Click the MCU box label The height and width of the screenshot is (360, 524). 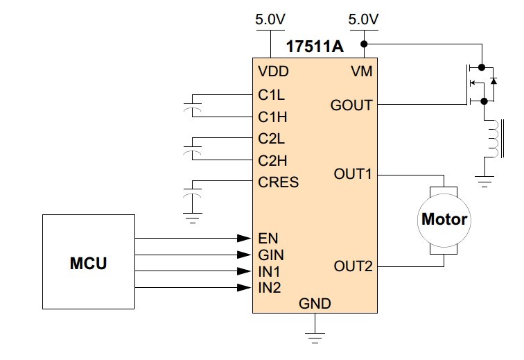[x=88, y=263]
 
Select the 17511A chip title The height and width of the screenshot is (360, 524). [x=315, y=46]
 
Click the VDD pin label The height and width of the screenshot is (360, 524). [x=273, y=71]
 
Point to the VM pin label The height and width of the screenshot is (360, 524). [x=362, y=71]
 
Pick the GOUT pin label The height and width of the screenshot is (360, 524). [x=351, y=105]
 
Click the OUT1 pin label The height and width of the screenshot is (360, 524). [x=353, y=174]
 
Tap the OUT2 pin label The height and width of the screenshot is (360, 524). [x=353, y=266]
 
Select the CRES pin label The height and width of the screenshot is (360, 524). [x=279, y=182]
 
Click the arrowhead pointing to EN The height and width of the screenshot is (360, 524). [x=244, y=238]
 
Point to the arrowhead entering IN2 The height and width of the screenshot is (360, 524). [x=244, y=287]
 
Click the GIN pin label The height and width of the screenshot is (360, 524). [x=271, y=255]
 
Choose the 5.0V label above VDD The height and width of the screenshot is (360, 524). [x=270, y=19]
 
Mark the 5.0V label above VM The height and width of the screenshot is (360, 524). [x=363, y=19]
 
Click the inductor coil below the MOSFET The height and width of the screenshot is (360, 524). [x=494, y=138]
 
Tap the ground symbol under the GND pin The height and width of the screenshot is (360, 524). [x=315, y=338]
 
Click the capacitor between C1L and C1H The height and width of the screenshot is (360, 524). [x=193, y=106]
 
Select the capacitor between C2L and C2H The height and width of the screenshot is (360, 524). [x=193, y=149]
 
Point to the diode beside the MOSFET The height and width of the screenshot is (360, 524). [x=494, y=81]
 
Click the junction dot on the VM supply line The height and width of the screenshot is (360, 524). [x=365, y=44]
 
